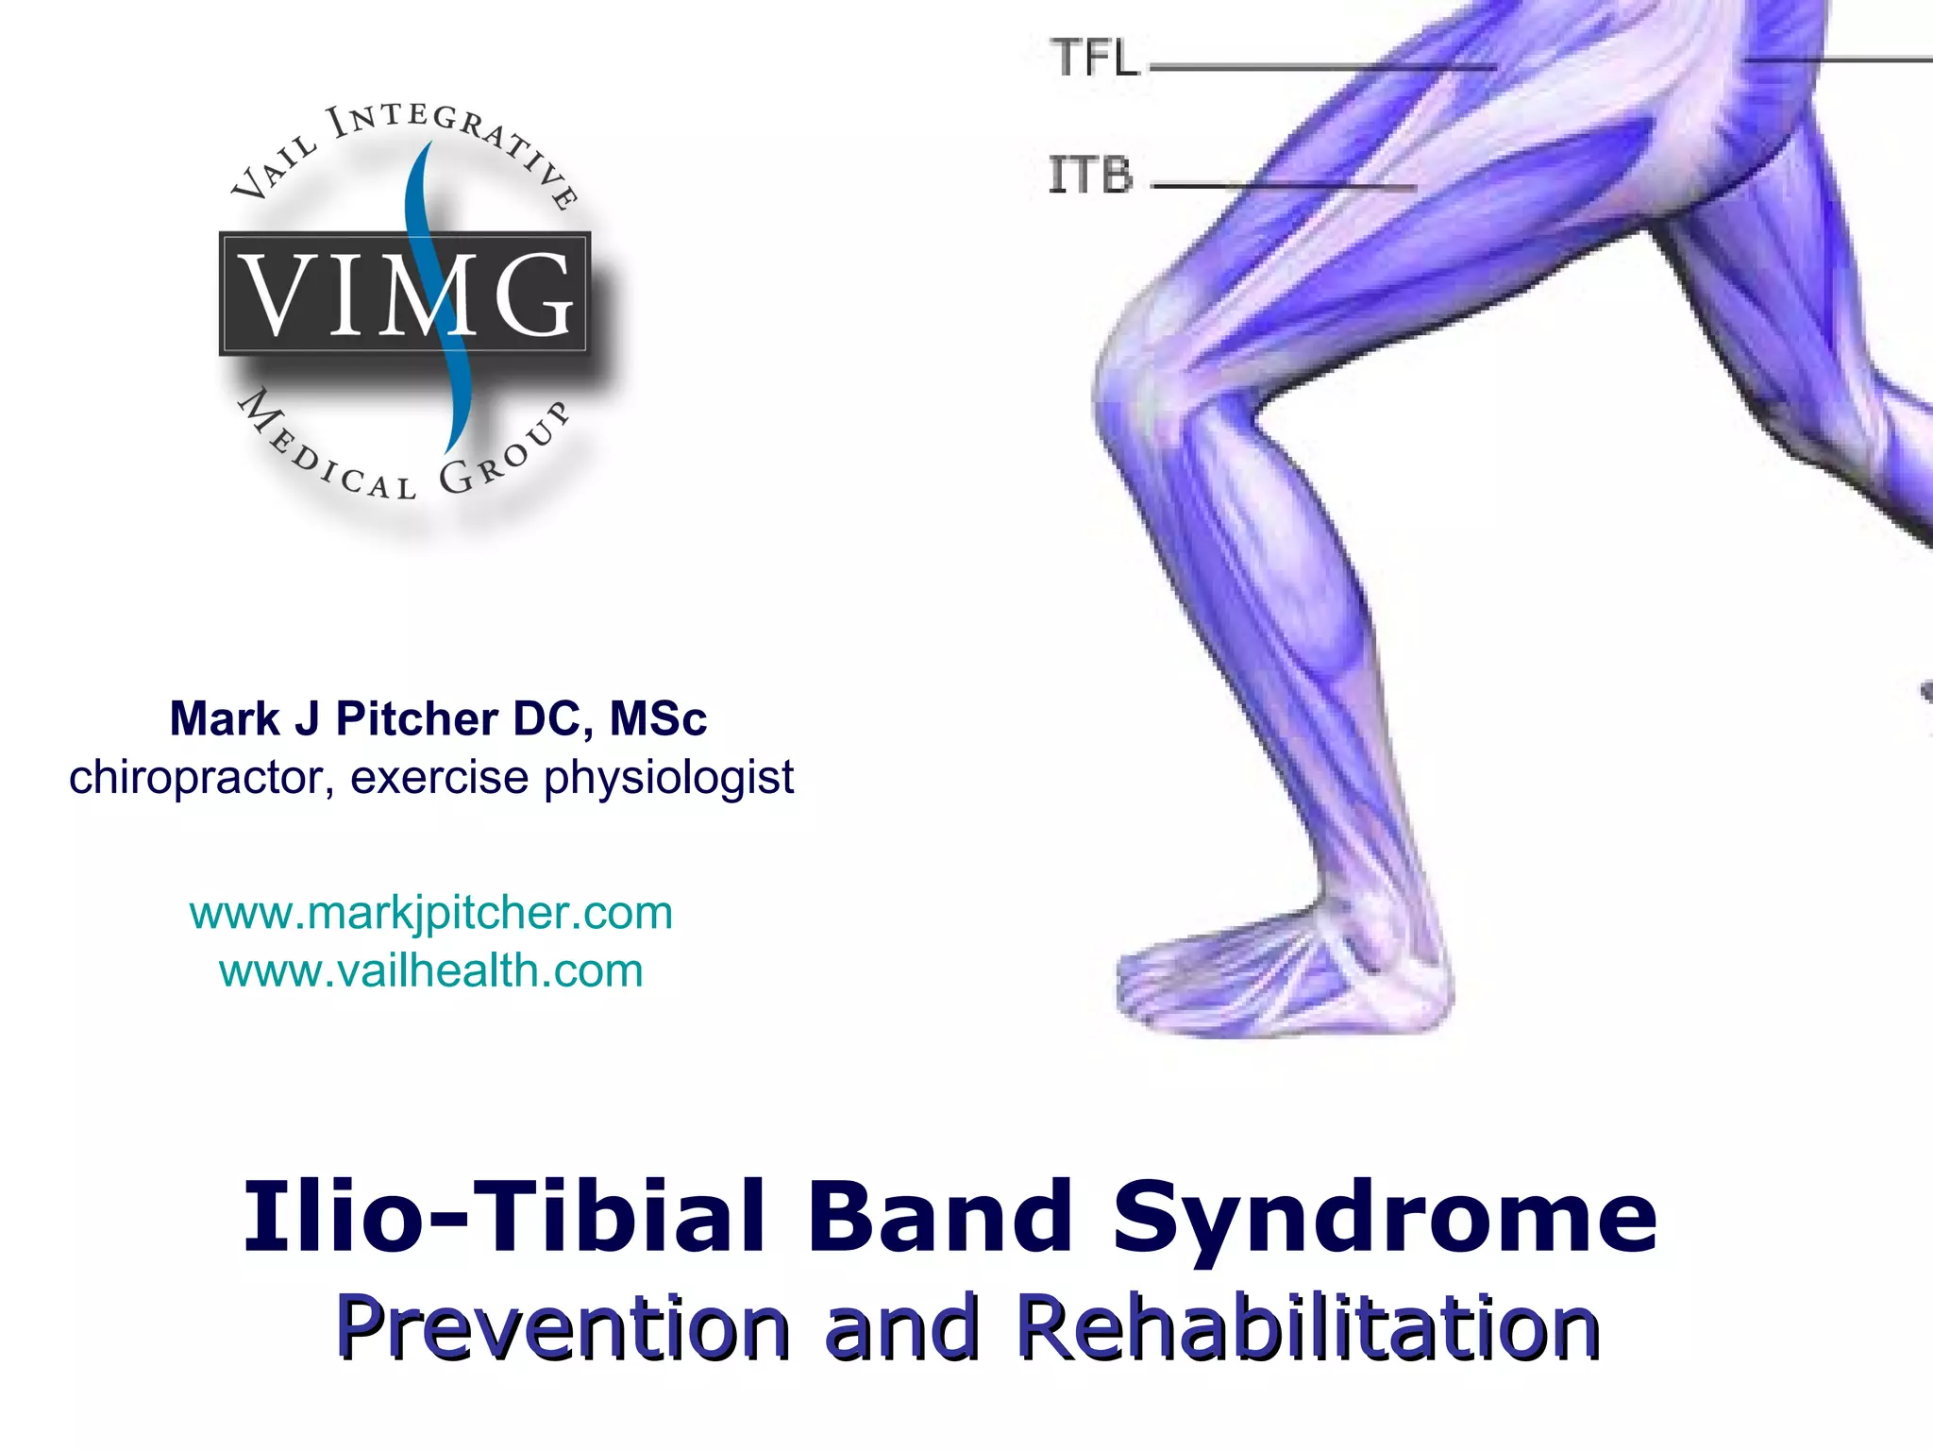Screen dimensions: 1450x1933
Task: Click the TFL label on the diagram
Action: tap(1095, 59)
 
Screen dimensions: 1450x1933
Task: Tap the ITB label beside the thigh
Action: tap(1091, 176)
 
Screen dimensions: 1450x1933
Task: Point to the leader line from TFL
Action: tap(1321, 68)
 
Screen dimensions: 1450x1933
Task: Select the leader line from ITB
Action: tap(1284, 187)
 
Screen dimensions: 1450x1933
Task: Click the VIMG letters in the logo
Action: tap(406, 295)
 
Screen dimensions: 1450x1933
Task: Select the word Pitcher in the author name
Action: tap(417, 719)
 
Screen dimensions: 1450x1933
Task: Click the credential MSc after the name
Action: tap(658, 719)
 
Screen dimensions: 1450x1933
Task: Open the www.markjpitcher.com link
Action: tap(431, 913)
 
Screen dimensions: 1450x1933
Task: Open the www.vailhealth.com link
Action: tap(431, 970)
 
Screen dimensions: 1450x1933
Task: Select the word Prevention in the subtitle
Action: tap(563, 1328)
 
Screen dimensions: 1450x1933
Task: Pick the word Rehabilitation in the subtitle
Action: tap(1309, 1328)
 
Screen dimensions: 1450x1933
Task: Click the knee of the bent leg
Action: tap(1133, 378)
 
